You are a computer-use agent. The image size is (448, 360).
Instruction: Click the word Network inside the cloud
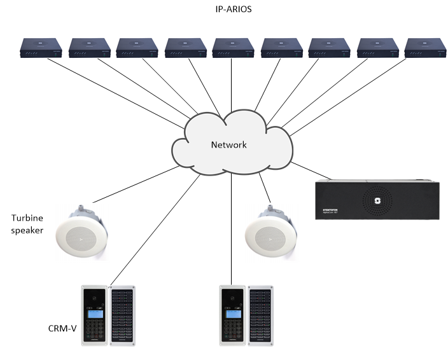coord(228,145)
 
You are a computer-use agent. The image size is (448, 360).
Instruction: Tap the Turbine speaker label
coord(27,224)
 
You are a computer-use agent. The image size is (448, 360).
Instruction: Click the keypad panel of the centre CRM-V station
coord(232,316)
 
